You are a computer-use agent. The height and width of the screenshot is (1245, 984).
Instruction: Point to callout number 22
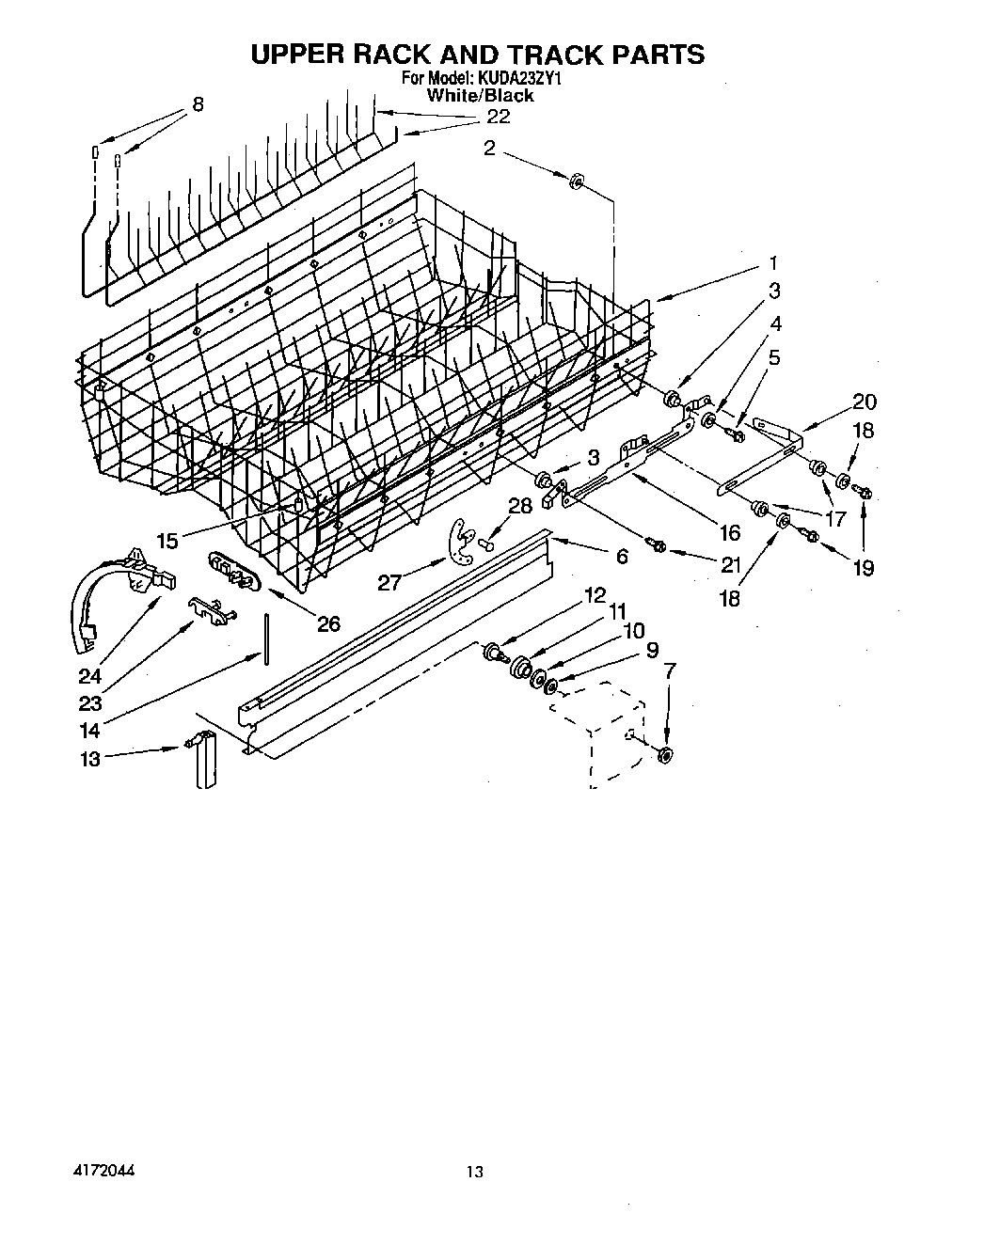498,116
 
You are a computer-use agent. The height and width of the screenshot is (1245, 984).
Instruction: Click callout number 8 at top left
198,104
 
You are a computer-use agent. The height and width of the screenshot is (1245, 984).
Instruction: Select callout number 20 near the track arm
864,402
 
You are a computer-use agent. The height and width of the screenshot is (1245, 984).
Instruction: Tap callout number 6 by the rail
622,556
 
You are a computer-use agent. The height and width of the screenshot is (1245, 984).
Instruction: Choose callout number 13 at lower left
89,760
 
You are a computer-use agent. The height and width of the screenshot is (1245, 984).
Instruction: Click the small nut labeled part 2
577,180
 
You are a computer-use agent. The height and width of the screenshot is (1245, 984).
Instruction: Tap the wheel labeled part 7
666,753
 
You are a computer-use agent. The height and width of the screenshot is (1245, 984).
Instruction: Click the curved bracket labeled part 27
459,544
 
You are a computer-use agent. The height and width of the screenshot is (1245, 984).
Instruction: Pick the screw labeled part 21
655,545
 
